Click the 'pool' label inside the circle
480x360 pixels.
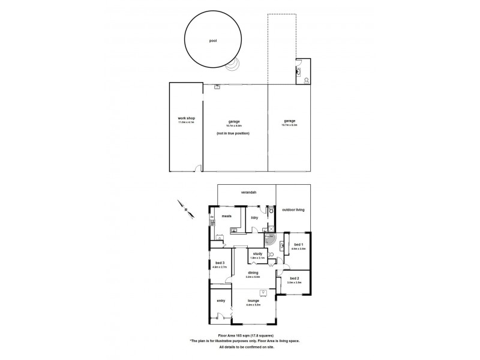pyautogui.click(x=212, y=41)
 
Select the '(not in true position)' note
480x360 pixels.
pyautogui.click(x=233, y=133)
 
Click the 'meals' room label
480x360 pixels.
pyautogui.click(x=227, y=216)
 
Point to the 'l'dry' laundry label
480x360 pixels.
pyautogui.click(x=254, y=217)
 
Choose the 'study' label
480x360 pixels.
pyautogui.click(x=258, y=254)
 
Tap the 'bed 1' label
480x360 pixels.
pyautogui.click(x=298, y=245)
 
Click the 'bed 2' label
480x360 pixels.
pyautogui.click(x=294, y=278)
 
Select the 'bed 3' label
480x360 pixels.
pyautogui.click(x=220, y=263)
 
